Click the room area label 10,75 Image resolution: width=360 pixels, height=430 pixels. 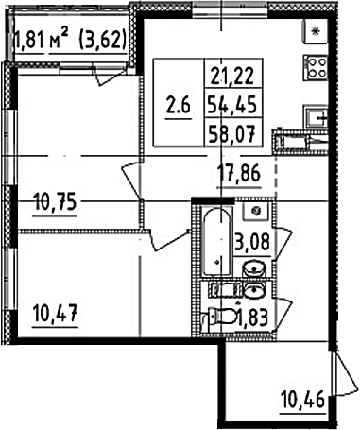pos(55,202)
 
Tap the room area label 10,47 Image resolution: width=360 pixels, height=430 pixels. pos(55,313)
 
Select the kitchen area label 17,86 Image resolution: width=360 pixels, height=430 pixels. pos(239,175)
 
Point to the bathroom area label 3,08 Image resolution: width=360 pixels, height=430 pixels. pos(252,243)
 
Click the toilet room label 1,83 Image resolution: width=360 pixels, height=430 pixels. pos(254,318)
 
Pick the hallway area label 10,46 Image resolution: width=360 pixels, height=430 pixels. pos(303,401)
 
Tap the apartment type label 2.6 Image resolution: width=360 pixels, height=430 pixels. pos(179,106)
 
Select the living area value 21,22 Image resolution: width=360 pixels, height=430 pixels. pos(232,76)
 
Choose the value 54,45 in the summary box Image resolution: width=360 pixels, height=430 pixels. pos(232,105)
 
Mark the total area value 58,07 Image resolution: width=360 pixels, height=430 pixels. pos(232,134)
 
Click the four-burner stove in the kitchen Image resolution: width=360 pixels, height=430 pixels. pos(316,68)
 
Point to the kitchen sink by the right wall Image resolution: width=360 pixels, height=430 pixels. pos(316,117)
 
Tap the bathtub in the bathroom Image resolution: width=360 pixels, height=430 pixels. pos(216,241)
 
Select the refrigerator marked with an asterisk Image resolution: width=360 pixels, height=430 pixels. pos(316,31)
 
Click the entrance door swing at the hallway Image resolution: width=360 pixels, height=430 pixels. pos(344,374)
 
